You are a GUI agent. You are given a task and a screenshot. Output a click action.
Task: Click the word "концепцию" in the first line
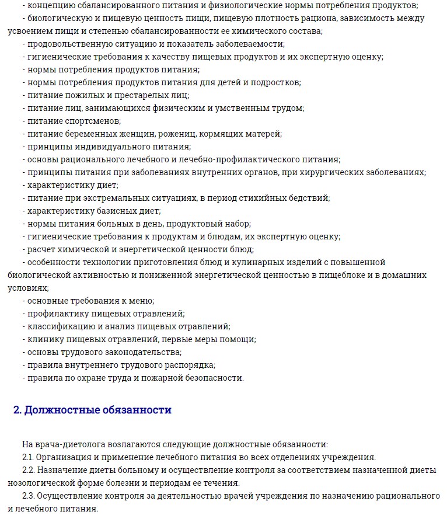pyautogui.click(x=50, y=5)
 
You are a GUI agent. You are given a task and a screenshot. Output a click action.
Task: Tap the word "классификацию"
pyautogui.click(x=60, y=326)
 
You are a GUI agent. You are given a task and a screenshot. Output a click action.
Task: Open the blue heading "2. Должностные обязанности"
pyautogui.click(x=92, y=410)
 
